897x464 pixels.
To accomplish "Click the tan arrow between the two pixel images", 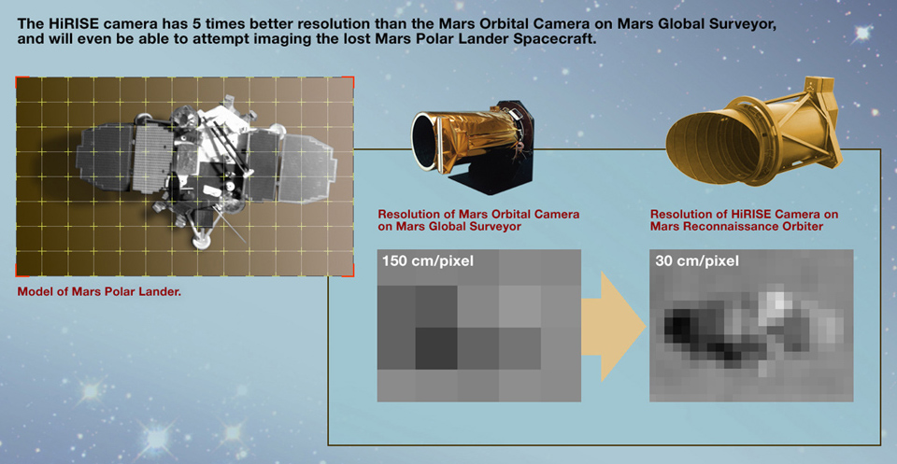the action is (x=613, y=325).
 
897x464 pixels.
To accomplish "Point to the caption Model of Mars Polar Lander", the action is (x=99, y=292).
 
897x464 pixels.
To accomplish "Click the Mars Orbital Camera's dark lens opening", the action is (x=424, y=141).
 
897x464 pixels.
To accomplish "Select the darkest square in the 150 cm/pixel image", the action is (x=436, y=348).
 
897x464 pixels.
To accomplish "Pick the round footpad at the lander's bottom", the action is (x=202, y=243).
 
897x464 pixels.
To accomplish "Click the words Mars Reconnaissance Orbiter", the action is (x=736, y=226).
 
